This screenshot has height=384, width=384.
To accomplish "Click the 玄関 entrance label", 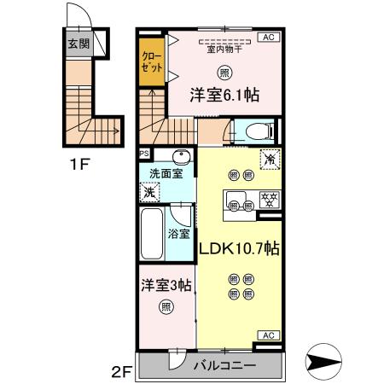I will pos(78,44).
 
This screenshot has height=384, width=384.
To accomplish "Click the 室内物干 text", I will pos(224,49).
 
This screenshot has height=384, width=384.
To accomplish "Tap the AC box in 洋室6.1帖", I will pos(266,38).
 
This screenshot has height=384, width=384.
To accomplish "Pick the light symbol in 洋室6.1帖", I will pos(224,73).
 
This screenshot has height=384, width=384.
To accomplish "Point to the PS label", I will pos(145,154).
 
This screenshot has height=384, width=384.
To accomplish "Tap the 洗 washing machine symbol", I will pos(148,192).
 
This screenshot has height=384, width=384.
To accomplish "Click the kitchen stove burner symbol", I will pos(265,201).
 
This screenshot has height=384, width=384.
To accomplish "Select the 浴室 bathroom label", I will pos(178,232).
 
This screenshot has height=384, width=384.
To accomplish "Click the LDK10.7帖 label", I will pos(240,248).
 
